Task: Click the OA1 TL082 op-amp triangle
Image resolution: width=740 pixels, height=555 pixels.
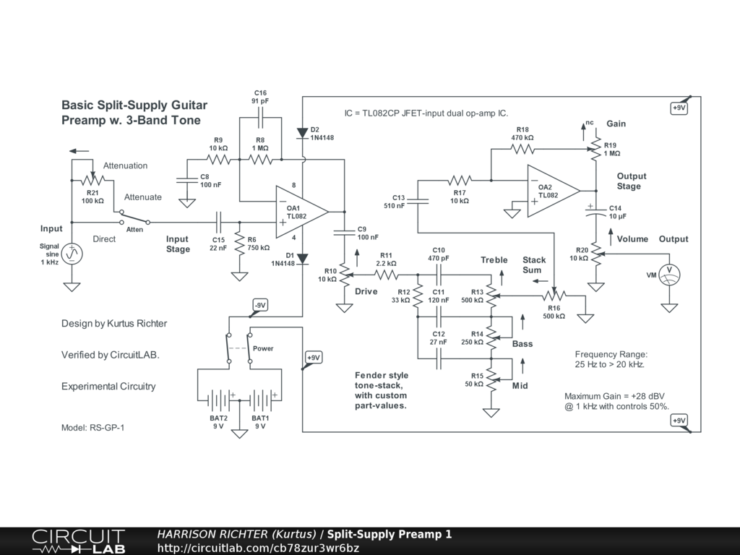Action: (x=300, y=212)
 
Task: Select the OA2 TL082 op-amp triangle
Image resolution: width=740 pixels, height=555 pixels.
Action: (x=551, y=191)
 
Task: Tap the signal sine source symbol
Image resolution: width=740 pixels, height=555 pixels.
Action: (x=72, y=254)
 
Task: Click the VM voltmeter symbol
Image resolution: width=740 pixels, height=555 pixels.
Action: (x=669, y=275)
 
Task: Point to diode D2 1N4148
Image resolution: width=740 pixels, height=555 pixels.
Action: (x=303, y=133)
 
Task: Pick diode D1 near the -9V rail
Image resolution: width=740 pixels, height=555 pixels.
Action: (x=303, y=259)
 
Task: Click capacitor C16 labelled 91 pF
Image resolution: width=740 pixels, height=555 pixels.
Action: (x=260, y=118)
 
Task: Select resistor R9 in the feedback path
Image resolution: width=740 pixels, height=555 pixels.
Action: (x=218, y=160)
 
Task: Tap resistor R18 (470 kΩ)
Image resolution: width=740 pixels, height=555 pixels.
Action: (x=522, y=149)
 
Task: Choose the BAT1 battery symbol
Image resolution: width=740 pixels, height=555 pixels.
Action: (x=260, y=400)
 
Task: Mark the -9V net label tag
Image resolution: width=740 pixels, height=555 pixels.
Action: (x=260, y=306)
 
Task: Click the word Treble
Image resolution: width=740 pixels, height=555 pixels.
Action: (x=494, y=260)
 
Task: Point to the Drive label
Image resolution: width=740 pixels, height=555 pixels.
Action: (x=366, y=291)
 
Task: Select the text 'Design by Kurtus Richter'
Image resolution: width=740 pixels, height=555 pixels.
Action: (x=114, y=323)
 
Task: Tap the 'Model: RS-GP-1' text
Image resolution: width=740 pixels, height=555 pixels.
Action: (x=93, y=428)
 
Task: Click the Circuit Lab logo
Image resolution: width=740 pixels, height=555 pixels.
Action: (x=78, y=541)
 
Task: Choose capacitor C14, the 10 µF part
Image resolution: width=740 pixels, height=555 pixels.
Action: (x=596, y=212)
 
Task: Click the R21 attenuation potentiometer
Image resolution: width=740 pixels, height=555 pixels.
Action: (x=93, y=180)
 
